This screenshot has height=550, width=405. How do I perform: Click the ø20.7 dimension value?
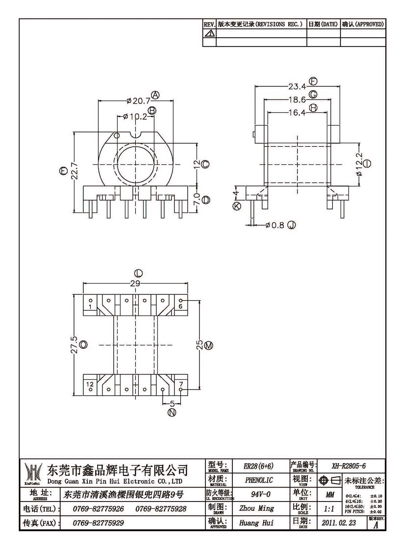138,101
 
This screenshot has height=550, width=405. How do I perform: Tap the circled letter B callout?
152,111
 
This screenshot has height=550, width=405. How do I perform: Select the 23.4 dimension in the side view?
297,86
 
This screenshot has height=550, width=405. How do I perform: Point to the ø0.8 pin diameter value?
275,225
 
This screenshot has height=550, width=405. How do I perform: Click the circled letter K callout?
237,206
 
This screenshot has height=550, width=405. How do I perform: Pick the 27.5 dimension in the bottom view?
74,345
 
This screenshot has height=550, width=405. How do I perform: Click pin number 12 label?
90,384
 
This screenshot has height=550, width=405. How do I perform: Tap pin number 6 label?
181,306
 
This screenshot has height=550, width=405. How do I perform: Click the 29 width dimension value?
135,284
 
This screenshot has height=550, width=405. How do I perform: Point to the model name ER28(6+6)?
258,466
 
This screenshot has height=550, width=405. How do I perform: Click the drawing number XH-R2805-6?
348,466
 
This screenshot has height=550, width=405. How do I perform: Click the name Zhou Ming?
257,508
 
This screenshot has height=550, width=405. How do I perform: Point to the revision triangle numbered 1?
209,33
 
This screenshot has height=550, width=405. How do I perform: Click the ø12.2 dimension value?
359,164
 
